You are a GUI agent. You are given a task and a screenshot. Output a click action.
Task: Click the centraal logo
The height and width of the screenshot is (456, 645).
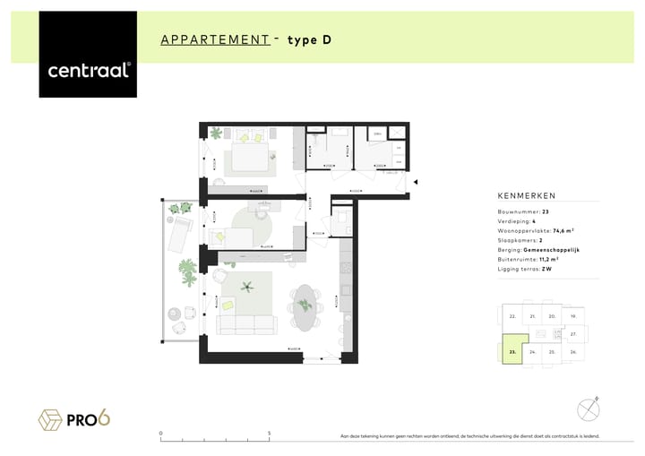[88, 70]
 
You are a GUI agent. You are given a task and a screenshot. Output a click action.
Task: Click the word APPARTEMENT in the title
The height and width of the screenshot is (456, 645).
[215, 39]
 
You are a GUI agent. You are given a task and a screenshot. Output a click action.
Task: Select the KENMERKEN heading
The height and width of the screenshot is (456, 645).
[527, 195]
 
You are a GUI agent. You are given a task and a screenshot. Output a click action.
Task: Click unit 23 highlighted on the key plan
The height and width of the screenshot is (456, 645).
[512, 352]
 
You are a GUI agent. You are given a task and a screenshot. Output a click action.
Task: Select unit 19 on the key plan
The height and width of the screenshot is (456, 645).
[573, 316]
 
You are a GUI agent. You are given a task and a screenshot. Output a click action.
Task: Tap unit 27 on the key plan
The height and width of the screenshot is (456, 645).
[573, 333]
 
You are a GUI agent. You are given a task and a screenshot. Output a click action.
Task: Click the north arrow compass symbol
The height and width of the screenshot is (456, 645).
[588, 409]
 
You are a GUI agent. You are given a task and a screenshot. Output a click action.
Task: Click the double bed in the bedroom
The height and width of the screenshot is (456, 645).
[247, 153]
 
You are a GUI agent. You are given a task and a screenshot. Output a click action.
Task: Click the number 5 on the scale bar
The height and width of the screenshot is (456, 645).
[270, 433]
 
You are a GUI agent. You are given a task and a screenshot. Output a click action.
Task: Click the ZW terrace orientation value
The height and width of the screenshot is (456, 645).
[546, 270]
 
